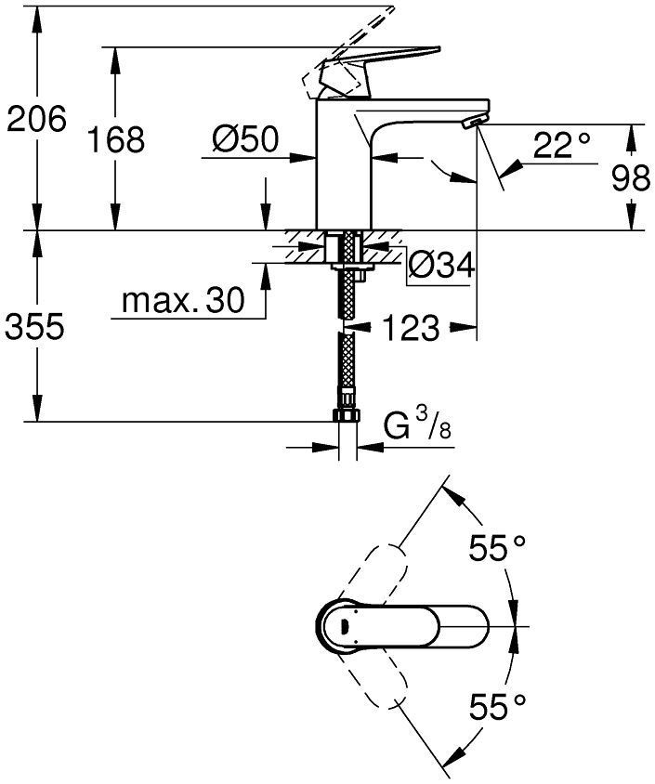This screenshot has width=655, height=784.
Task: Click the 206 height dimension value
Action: (x=36, y=120)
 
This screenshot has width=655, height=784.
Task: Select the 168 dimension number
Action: (x=116, y=140)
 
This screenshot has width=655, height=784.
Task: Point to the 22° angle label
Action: (x=561, y=145)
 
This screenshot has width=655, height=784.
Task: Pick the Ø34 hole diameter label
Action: (x=441, y=267)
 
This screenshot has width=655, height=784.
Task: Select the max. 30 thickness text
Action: (x=182, y=300)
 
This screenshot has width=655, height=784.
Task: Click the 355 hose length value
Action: (x=36, y=327)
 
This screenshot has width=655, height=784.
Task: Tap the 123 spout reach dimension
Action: (x=411, y=327)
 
